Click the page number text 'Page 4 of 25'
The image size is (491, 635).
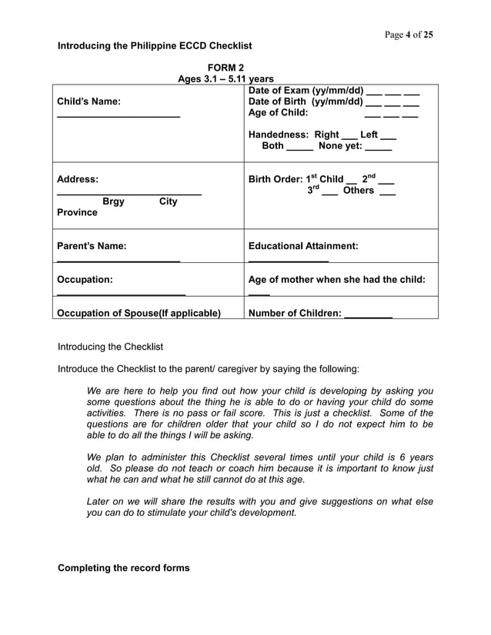coord(407,35)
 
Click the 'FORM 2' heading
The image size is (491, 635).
coord(225,68)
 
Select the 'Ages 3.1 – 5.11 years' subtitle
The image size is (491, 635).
coord(225,78)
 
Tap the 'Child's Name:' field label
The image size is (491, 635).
coord(89,101)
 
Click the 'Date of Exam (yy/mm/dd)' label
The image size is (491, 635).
coord(306,90)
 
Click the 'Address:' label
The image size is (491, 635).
coord(78,179)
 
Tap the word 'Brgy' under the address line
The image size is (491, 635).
coord(113,201)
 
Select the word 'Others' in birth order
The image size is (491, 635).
coord(359,191)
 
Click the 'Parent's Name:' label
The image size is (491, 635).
coord(92,246)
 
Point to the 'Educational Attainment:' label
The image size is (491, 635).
coord(303,246)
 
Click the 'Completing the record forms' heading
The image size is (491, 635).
coord(123,568)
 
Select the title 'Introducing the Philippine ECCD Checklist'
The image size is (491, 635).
coord(155,46)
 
